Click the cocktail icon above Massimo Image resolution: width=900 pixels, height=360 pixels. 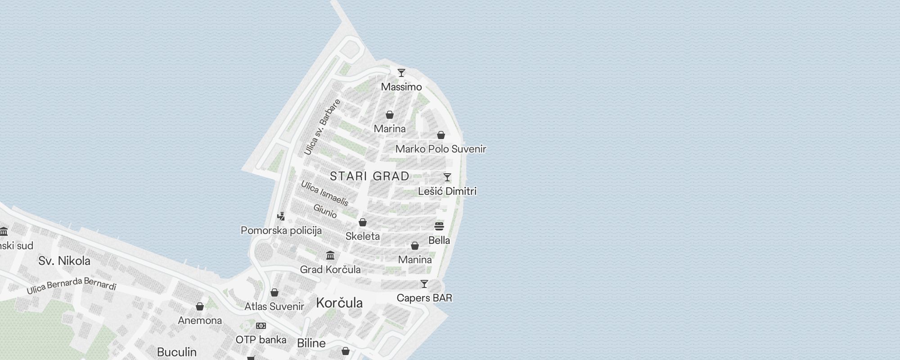click(401, 73)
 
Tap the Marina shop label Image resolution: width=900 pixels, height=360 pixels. click(390, 129)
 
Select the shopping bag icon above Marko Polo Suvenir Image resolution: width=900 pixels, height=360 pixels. click(441, 135)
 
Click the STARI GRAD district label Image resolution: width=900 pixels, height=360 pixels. click(370, 176)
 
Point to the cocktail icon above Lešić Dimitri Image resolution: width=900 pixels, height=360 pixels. click(447, 177)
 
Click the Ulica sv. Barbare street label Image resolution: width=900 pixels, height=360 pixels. click(322, 127)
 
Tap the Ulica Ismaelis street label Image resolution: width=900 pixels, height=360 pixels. click(324, 193)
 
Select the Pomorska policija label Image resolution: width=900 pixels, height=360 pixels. click(281, 230)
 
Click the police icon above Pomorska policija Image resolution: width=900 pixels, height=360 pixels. click(281, 216)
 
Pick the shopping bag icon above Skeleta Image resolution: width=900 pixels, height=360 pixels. click(363, 222)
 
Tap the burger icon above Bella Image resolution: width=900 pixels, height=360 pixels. click(439, 226)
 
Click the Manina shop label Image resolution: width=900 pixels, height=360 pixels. click(415, 260)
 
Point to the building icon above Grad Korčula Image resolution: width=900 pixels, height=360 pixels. click(330, 256)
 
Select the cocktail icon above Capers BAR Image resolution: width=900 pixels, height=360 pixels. click(424, 284)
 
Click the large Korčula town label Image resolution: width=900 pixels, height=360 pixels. click(339, 302)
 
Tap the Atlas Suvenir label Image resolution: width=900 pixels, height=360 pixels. click(274, 306)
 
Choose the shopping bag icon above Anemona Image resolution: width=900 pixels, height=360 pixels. click(200, 306)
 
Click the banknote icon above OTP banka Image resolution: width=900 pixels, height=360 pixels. click(261, 326)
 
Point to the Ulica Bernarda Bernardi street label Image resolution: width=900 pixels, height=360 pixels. click(72, 286)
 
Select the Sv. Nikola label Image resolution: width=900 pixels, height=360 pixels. click(64, 261)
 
